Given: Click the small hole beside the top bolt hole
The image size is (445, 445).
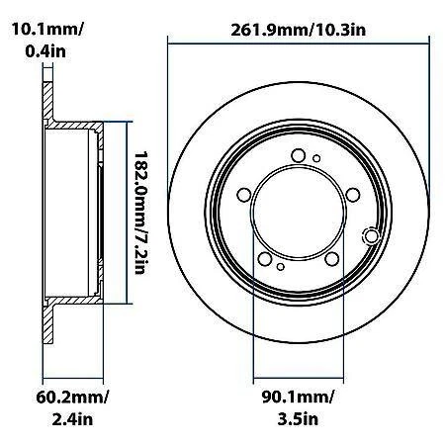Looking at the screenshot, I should [316, 157].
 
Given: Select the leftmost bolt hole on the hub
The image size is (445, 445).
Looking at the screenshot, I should [244, 194].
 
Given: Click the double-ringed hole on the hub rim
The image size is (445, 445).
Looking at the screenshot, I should [371, 235].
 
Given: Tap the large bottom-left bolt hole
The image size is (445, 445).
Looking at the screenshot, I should [264, 258].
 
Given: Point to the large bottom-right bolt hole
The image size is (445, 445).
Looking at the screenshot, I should [332, 259].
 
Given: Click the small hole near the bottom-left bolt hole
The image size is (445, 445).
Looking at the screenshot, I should [281, 266].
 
